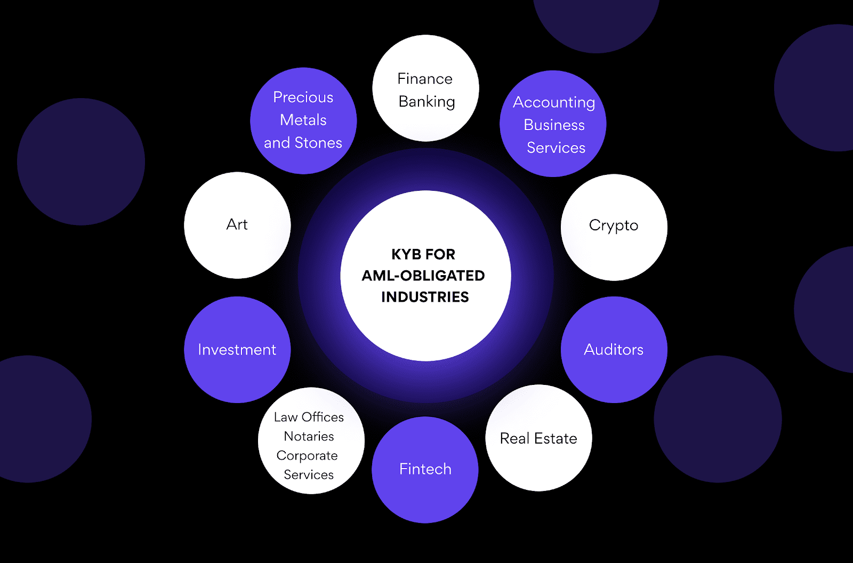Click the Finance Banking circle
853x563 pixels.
click(425, 89)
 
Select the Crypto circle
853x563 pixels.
click(614, 227)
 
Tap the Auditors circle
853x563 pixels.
click(614, 350)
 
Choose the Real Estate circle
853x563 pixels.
click(538, 438)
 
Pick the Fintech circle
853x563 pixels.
click(425, 470)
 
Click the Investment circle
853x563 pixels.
click(237, 350)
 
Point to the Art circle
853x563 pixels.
click(237, 225)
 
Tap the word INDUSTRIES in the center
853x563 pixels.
click(425, 297)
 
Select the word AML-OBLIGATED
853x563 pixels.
click(423, 276)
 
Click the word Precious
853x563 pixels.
click(303, 98)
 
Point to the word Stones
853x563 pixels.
click(318, 143)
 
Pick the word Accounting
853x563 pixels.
click(554, 102)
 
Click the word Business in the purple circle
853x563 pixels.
click(554, 125)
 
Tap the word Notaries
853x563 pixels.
click(309, 436)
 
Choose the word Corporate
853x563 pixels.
click(307, 456)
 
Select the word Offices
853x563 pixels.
click(323, 417)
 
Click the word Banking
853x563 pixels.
click(426, 101)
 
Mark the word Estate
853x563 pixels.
click(556, 438)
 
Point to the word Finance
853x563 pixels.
click(425, 79)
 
